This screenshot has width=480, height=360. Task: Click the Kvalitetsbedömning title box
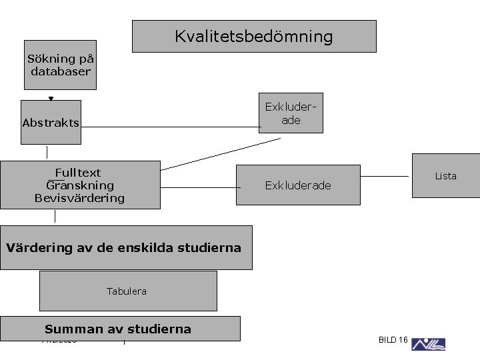(x=254, y=36)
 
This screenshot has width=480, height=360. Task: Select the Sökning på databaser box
(x=60, y=65)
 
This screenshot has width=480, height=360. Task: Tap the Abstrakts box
(x=51, y=122)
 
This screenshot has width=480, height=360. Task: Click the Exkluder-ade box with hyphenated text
(x=291, y=113)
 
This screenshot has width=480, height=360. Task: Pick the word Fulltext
(x=77, y=173)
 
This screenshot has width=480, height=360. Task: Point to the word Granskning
(x=80, y=185)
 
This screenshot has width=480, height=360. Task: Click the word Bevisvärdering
(x=79, y=198)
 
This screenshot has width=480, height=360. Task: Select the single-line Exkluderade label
(x=297, y=185)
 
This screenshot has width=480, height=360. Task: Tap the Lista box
(x=445, y=176)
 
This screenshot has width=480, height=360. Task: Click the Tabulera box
(x=128, y=291)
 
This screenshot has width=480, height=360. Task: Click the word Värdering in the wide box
(x=40, y=248)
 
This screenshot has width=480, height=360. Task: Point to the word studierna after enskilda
(x=207, y=248)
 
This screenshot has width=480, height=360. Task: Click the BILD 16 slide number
(x=393, y=340)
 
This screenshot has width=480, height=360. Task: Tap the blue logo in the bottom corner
(x=428, y=344)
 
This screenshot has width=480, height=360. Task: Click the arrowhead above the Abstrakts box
(x=51, y=99)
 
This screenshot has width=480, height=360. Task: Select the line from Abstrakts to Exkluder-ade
(x=170, y=127)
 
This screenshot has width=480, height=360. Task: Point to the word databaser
(x=60, y=71)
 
